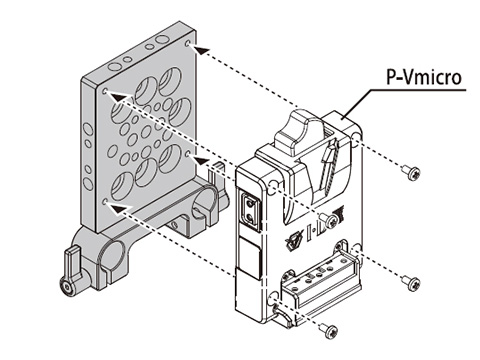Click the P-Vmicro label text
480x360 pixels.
point(424,78)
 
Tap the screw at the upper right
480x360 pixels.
point(412,173)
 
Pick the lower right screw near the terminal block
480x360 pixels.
point(411,283)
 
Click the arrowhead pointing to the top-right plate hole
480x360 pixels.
point(202,51)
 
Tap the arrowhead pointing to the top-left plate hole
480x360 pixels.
point(119,97)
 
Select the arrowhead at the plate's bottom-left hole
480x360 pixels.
point(119,208)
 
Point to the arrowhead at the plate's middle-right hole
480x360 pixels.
point(202,161)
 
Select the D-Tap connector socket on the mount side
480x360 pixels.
point(251,212)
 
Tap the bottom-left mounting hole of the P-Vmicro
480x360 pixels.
point(274,296)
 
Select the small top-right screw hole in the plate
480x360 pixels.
point(189,44)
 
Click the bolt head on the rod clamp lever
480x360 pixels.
point(67,287)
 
